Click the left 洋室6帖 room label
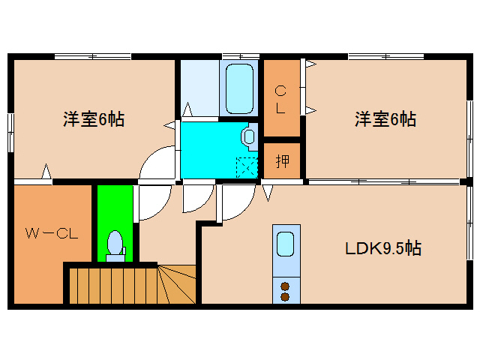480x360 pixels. tap(93, 118)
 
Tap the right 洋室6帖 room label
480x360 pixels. tap(385, 118)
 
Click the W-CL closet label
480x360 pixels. tap(51, 233)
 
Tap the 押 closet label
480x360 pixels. tap(281, 160)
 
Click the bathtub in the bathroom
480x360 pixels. tap(239, 88)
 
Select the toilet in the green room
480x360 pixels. tap(115, 245)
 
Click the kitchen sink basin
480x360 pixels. tap(285, 244)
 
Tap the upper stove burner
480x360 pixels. tap(285, 285)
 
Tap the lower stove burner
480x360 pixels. tap(285, 296)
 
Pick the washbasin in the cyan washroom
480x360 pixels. tap(248, 136)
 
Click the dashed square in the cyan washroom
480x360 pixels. tap(246, 166)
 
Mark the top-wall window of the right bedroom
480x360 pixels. tap(385, 56)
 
